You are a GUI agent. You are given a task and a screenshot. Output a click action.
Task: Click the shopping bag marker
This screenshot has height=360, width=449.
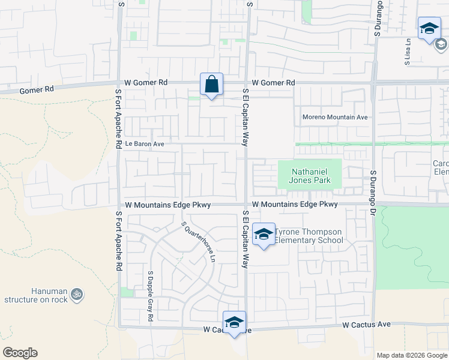(x=211, y=85)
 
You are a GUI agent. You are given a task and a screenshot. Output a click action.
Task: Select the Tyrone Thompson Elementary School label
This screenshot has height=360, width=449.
(x=309, y=236)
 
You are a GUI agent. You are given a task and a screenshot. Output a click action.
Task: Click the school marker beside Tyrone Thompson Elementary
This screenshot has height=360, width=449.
(x=263, y=235)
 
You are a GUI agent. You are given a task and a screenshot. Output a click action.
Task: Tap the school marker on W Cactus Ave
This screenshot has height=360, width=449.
(x=234, y=323)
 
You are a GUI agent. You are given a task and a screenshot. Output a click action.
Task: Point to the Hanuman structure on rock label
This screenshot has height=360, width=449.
(x=35, y=295)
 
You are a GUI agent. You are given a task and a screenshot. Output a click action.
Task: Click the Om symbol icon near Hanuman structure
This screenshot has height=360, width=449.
(x=76, y=294)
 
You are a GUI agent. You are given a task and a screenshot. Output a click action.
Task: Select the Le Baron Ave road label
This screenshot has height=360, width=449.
(x=144, y=144)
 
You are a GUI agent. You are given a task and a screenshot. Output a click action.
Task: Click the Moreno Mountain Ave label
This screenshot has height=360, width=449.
(x=335, y=117)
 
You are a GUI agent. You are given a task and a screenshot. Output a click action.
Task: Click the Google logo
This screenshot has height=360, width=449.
(x=20, y=353)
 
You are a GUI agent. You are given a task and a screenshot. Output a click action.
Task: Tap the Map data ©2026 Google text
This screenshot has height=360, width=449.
(x=411, y=355)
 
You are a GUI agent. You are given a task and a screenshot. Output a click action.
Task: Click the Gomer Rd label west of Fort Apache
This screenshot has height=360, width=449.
(x=37, y=89)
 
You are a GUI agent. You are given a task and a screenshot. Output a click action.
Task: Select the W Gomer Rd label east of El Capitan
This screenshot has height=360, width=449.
(x=274, y=83)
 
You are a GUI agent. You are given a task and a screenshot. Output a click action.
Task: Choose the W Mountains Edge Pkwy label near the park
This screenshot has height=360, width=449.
(x=295, y=205)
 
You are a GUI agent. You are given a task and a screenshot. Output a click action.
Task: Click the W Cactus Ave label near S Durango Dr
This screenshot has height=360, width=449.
(x=366, y=325)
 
